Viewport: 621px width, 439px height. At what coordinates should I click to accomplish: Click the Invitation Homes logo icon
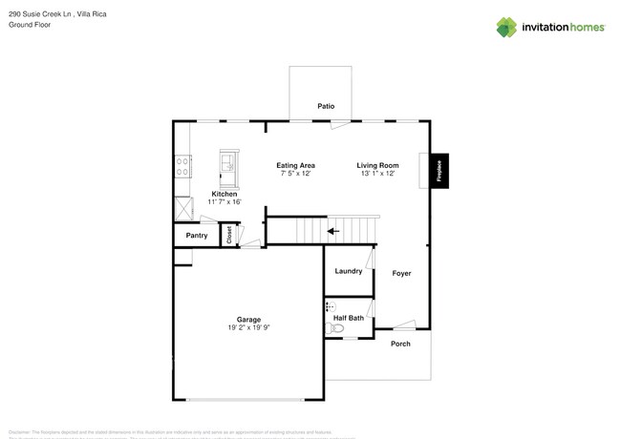pos(506,27)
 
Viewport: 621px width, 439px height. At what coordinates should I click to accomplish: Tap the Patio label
pos(327,106)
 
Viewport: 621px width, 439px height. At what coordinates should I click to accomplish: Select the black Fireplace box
pos(439,171)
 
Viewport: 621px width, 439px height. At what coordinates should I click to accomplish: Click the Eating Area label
pos(296,165)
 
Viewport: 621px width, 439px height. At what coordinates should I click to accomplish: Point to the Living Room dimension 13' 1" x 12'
pos(378,175)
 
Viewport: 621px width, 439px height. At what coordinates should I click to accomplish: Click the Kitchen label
pos(224,194)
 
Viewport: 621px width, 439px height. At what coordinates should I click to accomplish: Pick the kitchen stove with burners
pos(181,168)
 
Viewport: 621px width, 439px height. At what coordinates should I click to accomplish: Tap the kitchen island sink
pos(228,165)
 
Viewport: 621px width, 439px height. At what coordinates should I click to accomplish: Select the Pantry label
pos(197,235)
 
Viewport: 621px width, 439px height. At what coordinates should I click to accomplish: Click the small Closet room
pos(229,235)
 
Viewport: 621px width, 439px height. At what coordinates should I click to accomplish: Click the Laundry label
pos(348,271)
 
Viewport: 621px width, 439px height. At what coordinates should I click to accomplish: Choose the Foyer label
pos(401,274)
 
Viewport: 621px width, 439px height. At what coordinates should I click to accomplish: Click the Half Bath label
pos(348,317)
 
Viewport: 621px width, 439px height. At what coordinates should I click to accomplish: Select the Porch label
pos(400,344)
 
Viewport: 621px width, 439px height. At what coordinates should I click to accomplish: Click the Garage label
pos(248,319)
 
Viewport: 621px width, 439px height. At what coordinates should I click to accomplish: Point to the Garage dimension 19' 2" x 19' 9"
pos(248,328)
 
